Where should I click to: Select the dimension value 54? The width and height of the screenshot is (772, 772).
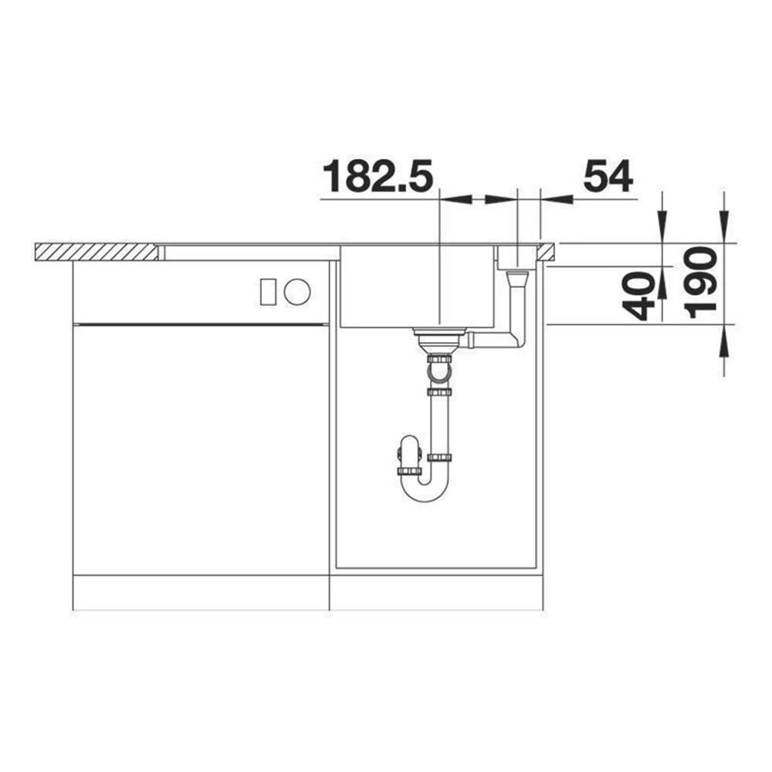click(x=608, y=177)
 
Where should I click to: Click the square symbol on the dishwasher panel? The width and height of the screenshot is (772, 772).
click(x=267, y=292)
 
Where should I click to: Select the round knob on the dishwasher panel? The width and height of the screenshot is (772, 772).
click(x=296, y=292)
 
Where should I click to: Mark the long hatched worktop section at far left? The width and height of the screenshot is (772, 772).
click(x=96, y=252)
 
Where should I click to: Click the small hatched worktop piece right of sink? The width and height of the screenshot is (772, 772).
click(x=546, y=252)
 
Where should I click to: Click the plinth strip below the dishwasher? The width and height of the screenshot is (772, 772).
click(x=201, y=592)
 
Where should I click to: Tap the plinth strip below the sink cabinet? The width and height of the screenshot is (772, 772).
click(x=436, y=592)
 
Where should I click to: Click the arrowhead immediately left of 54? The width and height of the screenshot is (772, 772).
click(x=556, y=199)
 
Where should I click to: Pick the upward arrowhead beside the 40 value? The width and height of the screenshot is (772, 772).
click(x=662, y=283)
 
